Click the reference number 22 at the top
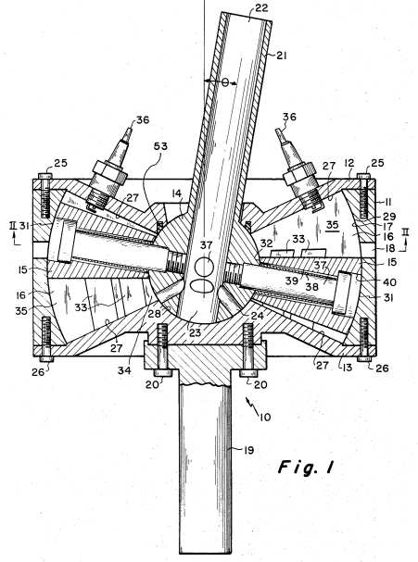(261, 7)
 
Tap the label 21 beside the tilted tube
(281, 56)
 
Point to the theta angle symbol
(224, 82)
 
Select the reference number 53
(160, 146)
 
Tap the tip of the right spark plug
(278, 131)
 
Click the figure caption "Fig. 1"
(306, 467)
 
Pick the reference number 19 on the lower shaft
(248, 450)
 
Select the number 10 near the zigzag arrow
(265, 418)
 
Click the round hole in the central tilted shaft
(204, 268)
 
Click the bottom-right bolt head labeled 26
(364, 359)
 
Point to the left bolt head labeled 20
(164, 373)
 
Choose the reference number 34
(124, 370)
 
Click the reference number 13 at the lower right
(348, 368)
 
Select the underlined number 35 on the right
(332, 225)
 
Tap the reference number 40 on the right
(389, 282)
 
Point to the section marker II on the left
(14, 226)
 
